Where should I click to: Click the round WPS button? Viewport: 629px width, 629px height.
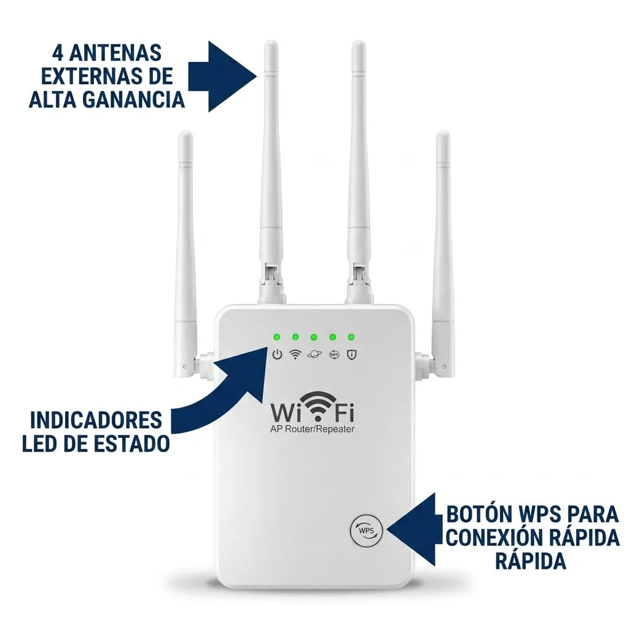click(367, 530)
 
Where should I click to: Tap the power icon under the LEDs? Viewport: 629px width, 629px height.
click(277, 354)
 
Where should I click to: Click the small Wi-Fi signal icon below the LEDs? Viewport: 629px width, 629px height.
click(295, 354)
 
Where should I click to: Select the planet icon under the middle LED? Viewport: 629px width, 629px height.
click(314, 354)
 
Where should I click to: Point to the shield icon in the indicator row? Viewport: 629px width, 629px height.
click(351, 354)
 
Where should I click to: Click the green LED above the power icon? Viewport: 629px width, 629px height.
click(277, 337)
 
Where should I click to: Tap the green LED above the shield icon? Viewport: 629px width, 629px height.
click(351, 337)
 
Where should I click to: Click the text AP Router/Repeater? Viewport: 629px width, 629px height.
click(312, 429)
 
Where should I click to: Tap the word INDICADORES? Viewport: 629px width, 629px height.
click(96, 420)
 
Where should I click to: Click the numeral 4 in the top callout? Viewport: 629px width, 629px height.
click(57, 53)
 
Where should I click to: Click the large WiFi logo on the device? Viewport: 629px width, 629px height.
click(312, 408)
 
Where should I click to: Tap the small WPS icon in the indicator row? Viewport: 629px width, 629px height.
click(334, 354)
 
